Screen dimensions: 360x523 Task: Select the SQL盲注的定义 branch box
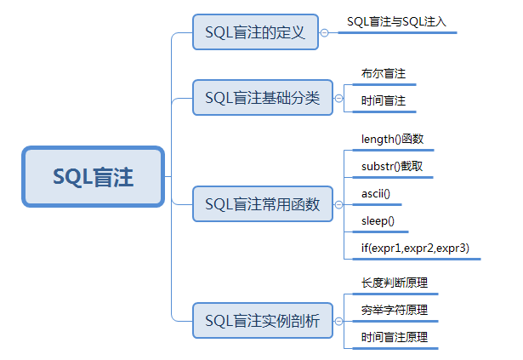(x=255, y=32)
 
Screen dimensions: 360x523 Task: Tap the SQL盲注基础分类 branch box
(x=262, y=98)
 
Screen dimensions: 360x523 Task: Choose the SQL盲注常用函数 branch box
(x=262, y=204)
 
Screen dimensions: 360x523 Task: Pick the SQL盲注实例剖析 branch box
(x=262, y=321)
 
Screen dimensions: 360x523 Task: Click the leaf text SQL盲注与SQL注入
(x=396, y=20)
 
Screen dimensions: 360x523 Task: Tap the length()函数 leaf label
(x=392, y=139)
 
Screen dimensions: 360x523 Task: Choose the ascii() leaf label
(x=376, y=194)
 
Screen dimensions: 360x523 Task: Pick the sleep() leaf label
(x=378, y=221)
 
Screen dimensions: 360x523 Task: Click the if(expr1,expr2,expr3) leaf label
(x=415, y=249)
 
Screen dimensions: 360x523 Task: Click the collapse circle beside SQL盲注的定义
(x=324, y=33)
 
